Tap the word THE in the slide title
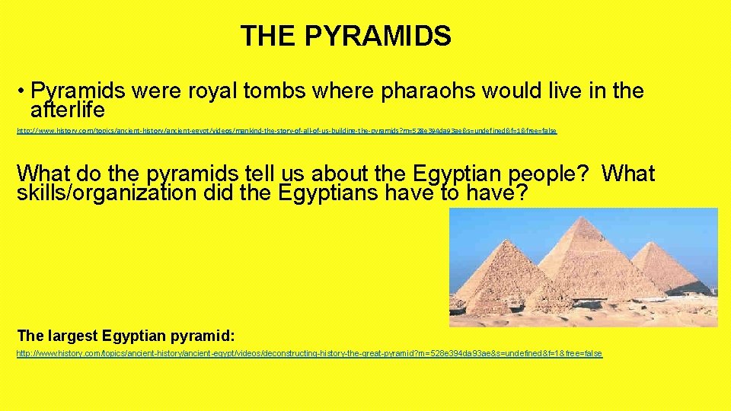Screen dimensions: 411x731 click(267, 36)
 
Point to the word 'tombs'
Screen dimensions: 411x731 click(270, 92)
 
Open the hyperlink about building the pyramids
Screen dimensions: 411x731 click(286, 131)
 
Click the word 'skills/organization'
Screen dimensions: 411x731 click(107, 193)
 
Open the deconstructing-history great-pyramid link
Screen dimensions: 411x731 click(309, 354)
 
